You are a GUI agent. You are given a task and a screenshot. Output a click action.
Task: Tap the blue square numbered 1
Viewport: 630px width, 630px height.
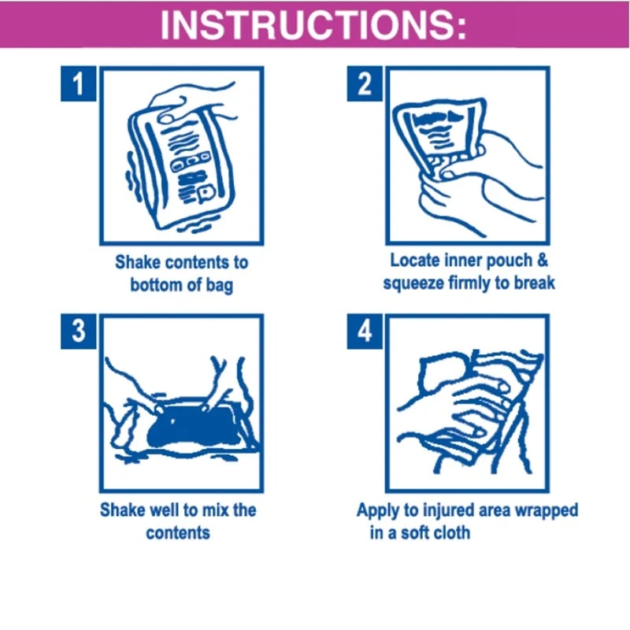[x=78, y=83]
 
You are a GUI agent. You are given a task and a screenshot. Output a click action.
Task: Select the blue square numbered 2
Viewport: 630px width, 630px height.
[x=365, y=83]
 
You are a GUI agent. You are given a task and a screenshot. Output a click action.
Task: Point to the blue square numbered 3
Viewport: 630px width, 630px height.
[x=78, y=331]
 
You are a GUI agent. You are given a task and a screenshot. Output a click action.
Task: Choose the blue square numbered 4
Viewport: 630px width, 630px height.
[x=365, y=331]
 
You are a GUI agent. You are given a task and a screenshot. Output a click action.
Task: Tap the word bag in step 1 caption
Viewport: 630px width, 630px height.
[x=220, y=286]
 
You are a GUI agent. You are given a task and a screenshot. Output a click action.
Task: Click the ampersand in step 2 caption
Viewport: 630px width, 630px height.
[x=542, y=261]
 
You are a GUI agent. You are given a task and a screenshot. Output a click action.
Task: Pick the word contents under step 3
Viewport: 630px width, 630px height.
[x=178, y=533]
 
